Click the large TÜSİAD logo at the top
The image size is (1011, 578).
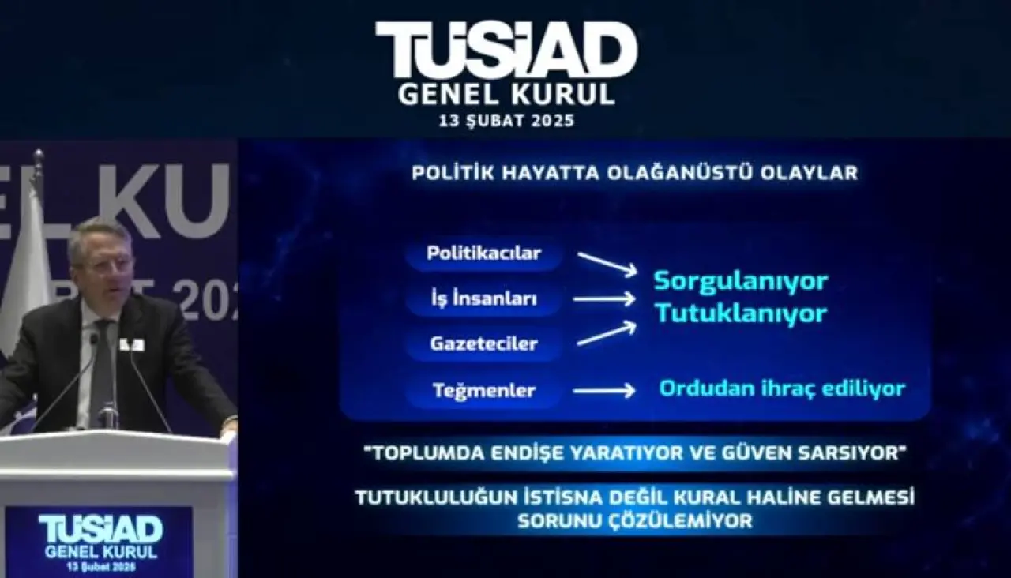click(x=506, y=49)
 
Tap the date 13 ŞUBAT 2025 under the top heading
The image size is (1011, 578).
click(x=506, y=121)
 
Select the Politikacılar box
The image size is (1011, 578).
click(x=484, y=253)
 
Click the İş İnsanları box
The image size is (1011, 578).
click(x=484, y=299)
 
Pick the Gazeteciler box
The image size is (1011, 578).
click(x=484, y=343)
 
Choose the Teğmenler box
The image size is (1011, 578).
click(x=484, y=390)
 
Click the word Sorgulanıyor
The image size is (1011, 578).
click(x=741, y=282)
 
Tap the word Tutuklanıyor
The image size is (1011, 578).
click(x=741, y=313)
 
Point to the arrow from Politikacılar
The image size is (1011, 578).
click(x=607, y=265)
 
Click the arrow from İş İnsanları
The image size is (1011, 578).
click(x=604, y=299)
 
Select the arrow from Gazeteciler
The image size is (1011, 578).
click(x=607, y=333)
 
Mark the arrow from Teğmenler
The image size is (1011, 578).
click(x=604, y=390)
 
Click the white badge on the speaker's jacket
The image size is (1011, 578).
click(x=132, y=345)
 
